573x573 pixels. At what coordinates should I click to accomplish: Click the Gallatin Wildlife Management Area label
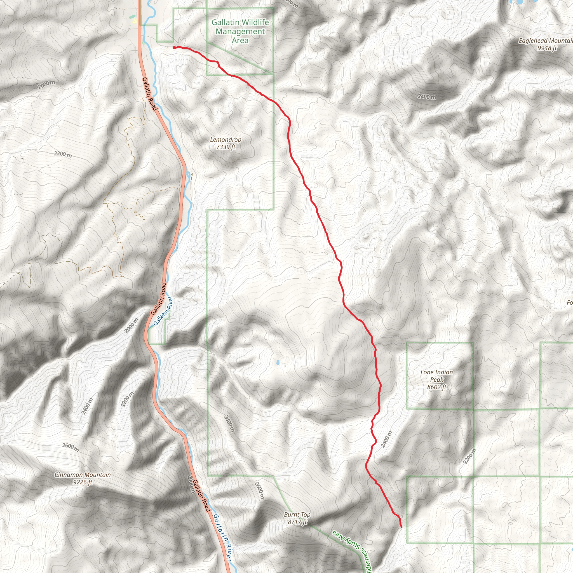(x=240, y=31)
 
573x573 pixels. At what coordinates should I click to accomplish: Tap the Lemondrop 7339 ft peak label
(x=226, y=143)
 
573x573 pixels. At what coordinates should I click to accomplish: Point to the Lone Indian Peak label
(x=436, y=379)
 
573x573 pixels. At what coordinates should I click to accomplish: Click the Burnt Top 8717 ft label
(x=297, y=518)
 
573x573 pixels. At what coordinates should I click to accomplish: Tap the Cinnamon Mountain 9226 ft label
(x=83, y=478)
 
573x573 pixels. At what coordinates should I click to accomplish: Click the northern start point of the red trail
(x=174, y=48)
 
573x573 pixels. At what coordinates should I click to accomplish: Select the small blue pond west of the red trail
(x=277, y=362)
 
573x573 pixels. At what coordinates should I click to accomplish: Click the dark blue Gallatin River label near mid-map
(x=163, y=311)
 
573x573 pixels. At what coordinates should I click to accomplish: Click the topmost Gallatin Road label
(x=149, y=94)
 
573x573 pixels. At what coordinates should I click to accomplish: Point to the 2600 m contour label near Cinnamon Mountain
(x=71, y=447)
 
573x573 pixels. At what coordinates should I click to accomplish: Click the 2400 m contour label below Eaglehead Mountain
(x=427, y=97)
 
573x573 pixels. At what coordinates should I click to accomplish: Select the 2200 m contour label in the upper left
(x=63, y=154)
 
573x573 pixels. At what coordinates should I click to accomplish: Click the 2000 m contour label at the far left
(x=46, y=84)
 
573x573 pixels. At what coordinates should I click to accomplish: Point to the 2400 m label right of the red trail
(x=386, y=439)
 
